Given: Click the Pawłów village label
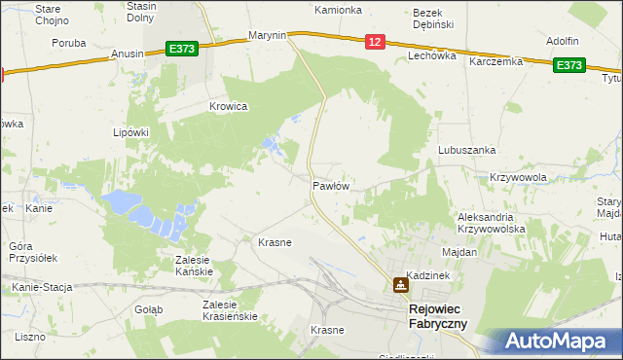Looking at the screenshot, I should pos(331,185).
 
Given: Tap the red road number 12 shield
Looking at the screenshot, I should pos(375,41).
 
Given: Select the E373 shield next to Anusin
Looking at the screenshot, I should pos(181,48).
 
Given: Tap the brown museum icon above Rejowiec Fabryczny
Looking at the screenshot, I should pos(400,285).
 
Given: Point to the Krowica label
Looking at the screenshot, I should pos(229,106).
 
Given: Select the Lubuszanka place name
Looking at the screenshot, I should pos(467,150).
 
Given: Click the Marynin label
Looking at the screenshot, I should pos(267,35).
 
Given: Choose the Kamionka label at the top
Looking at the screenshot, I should pos(338,10).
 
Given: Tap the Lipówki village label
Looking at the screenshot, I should pos(129,132).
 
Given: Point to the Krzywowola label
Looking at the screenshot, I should pos(518,177).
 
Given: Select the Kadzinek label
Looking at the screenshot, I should pos(427,276).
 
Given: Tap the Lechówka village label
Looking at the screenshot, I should pos(432,57).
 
